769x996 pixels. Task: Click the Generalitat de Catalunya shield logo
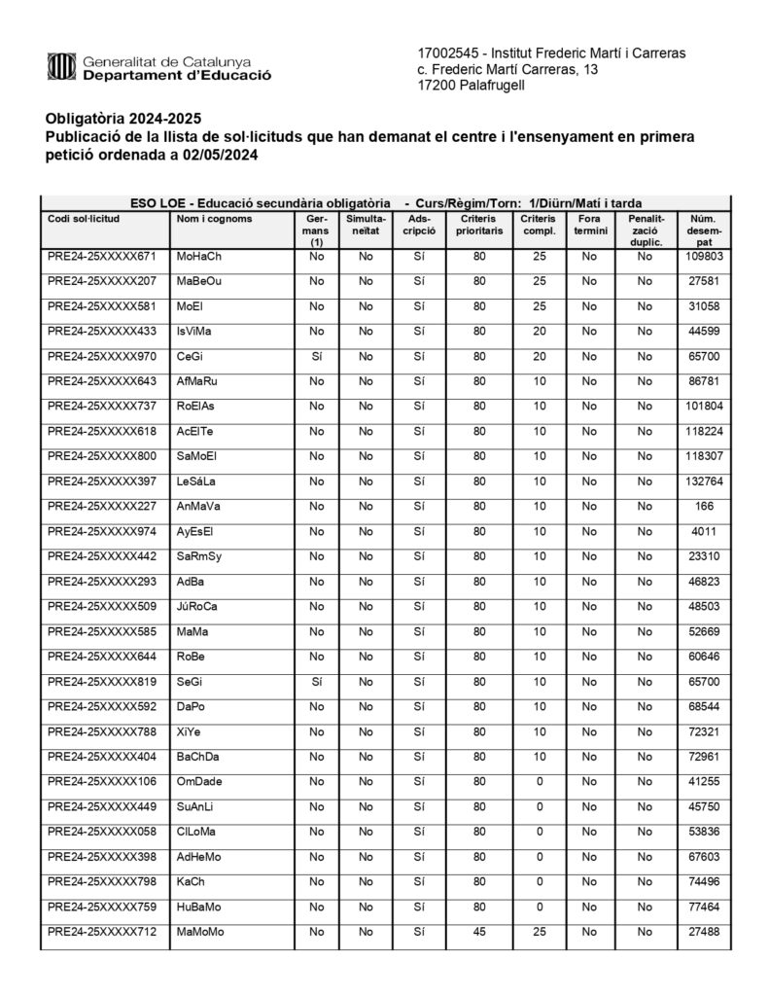click(61, 66)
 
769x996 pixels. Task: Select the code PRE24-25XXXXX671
click(102, 257)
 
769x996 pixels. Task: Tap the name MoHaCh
click(199, 257)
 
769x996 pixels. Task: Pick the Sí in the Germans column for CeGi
click(316, 357)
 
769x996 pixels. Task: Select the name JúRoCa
click(197, 607)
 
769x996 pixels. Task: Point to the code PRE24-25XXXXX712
click(102, 932)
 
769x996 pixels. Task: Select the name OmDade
click(200, 782)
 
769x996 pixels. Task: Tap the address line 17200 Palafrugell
click(471, 86)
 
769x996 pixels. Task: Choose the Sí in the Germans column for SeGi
click(316, 682)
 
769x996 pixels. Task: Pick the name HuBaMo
click(199, 907)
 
